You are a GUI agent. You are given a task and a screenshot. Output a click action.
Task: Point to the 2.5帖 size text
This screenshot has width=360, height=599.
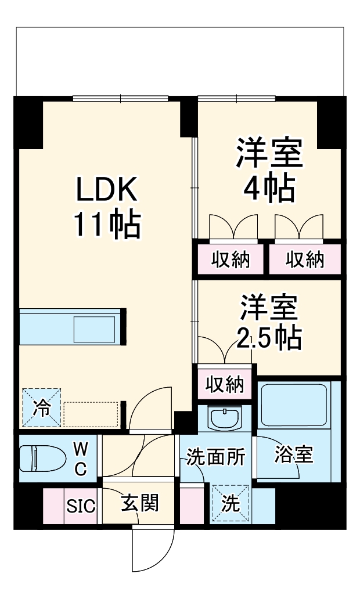click(268, 337)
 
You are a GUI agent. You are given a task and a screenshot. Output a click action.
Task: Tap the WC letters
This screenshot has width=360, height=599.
click(81, 457)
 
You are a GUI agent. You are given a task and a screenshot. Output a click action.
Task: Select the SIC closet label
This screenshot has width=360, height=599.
click(80, 506)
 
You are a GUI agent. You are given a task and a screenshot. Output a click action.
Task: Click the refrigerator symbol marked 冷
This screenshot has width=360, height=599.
click(42, 407)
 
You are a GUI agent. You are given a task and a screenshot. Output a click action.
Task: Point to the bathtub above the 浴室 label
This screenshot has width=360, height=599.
click(294, 405)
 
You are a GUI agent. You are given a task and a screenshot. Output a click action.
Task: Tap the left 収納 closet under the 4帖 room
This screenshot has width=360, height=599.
click(230, 259)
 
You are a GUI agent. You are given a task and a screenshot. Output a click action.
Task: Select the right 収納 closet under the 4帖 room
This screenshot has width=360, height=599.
click(304, 259)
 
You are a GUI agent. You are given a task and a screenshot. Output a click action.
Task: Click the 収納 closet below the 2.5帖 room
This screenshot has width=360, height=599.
click(224, 384)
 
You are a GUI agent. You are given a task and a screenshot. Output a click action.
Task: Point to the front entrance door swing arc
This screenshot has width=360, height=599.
click(154, 551)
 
